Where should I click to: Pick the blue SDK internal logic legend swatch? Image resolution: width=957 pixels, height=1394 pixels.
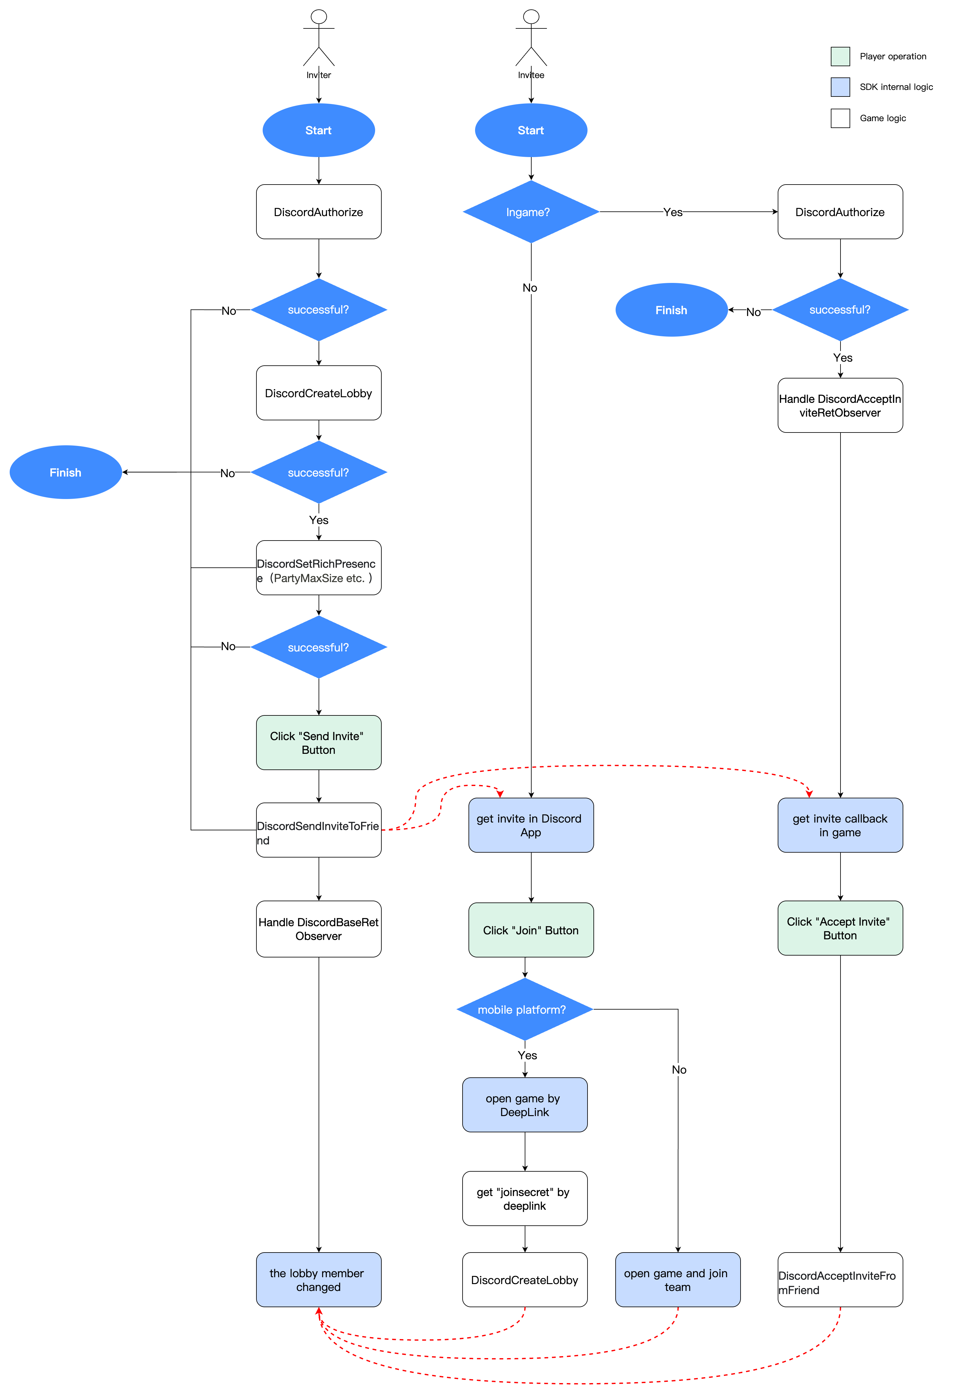(840, 87)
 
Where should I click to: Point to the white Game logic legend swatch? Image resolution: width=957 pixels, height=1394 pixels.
(840, 118)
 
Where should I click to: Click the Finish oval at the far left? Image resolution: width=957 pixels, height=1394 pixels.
(65, 472)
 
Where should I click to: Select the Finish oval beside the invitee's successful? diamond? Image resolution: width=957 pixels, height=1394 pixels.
(672, 310)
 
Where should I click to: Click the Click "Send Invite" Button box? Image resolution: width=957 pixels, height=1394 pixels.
(319, 743)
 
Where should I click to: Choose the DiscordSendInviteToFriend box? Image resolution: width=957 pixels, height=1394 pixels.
(319, 830)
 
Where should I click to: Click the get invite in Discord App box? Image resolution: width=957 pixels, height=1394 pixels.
(531, 825)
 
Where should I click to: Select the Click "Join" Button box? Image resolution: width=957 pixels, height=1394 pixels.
(531, 930)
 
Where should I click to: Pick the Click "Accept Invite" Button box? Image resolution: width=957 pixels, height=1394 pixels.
(840, 928)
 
